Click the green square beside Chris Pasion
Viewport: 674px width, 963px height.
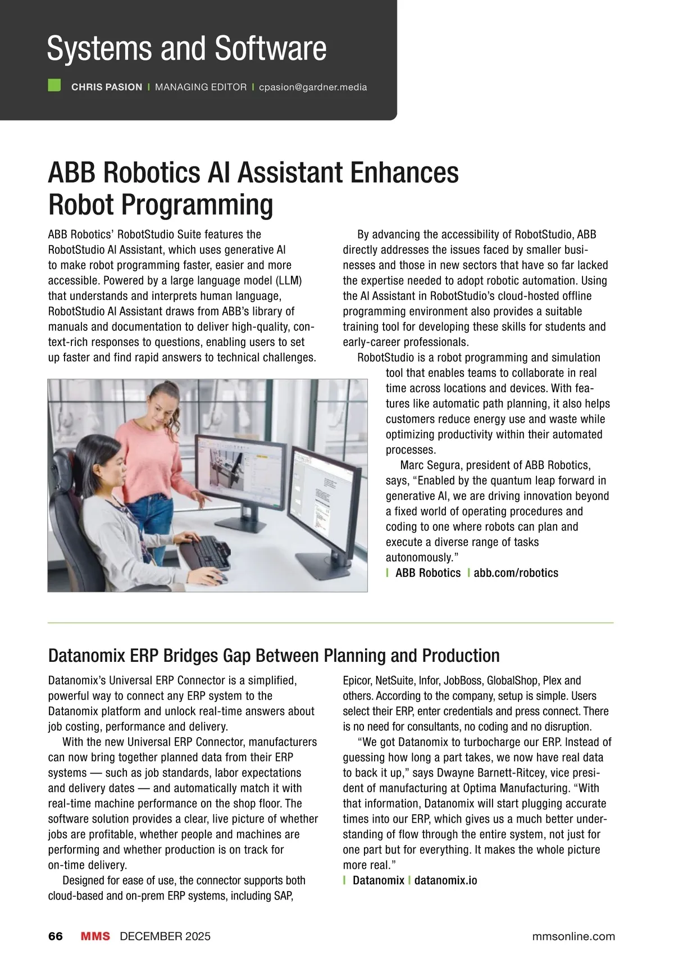click(x=54, y=85)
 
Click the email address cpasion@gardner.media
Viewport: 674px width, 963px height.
click(x=313, y=87)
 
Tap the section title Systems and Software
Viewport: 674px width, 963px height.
click(x=186, y=48)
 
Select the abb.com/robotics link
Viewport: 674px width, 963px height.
click(x=516, y=573)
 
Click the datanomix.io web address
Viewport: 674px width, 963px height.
click(x=445, y=880)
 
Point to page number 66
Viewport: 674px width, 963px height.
click(x=56, y=936)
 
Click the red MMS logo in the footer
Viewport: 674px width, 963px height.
click(x=95, y=936)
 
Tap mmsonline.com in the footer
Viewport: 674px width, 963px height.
click(x=573, y=936)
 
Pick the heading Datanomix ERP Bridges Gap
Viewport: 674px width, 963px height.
click(x=274, y=656)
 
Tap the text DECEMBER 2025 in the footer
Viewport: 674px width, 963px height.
click(x=165, y=936)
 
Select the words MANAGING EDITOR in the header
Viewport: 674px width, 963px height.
click(x=201, y=87)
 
